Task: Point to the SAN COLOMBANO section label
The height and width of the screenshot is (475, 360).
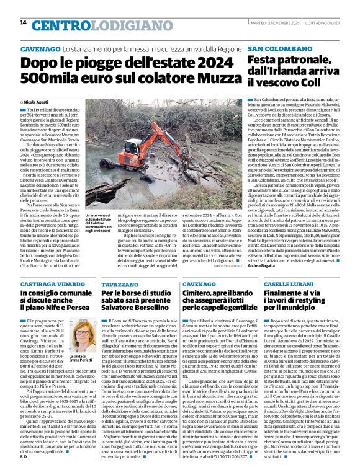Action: coord(277,48)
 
